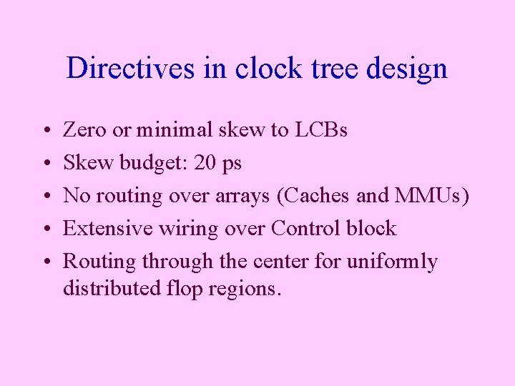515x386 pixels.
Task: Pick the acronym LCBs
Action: pos(320,130)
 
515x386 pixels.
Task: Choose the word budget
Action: pos(149,164)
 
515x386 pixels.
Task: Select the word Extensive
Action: pos(106,228)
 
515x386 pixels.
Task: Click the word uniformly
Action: pos(392,262)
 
